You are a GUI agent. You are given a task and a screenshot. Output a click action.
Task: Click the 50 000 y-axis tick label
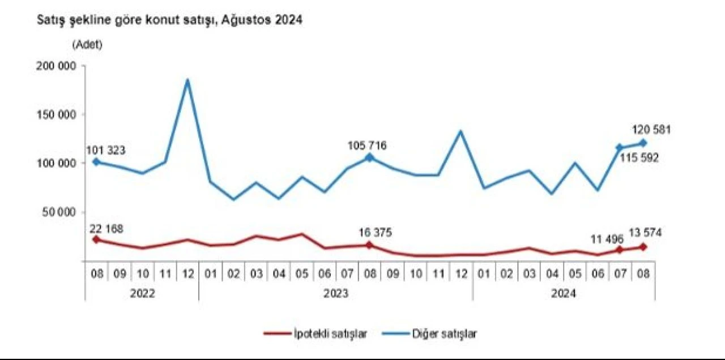click(58, 212)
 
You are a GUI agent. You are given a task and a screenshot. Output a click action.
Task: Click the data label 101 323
click(106, 151)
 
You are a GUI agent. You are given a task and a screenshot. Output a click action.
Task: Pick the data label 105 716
click(367, 146)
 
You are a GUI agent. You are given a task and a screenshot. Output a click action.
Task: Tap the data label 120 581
click(651, 130)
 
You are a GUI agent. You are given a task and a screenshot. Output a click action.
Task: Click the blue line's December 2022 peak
click(187, 80)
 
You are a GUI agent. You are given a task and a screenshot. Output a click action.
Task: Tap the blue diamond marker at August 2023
click(369, 157)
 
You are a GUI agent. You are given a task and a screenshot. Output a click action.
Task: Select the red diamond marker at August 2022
click(96, 239)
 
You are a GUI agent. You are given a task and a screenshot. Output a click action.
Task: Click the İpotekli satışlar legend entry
click(316, 333)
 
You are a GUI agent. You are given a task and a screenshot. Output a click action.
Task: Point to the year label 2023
click(335, 294)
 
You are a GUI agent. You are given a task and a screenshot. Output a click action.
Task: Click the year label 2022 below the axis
click(142, 294)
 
